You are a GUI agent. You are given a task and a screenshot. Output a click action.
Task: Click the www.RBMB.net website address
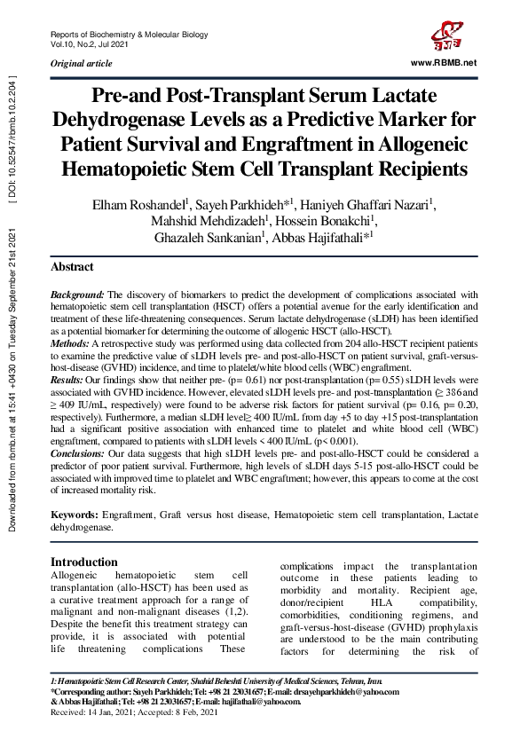click(x=445, y=63)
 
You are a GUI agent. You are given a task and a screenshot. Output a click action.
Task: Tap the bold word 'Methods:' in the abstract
click(x=70, y=342)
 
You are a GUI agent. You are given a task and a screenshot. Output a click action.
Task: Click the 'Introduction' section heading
click(x=84, y=562)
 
